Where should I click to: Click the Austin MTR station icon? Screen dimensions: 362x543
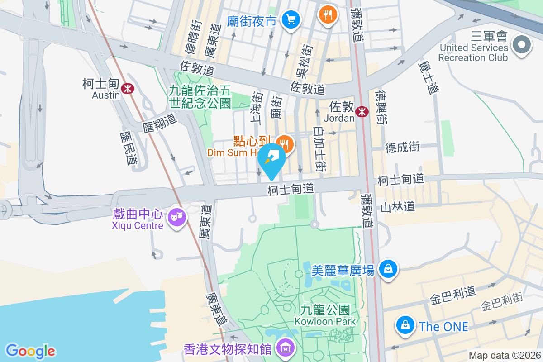coord(128,89)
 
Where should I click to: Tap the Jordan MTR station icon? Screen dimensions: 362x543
coord(362,111)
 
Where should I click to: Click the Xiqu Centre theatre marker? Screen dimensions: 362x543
coord(176,218)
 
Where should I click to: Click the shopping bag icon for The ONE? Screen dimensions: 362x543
coord(406,325)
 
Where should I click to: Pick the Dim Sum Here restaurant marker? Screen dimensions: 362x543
coord(286,144)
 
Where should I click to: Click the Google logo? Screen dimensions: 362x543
coord(30,351)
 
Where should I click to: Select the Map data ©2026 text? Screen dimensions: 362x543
coord(505,356)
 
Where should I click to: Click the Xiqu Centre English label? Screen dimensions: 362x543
coord(138,225)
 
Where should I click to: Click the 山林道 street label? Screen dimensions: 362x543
coord(398,207)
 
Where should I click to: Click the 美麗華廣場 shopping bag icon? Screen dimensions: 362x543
coord(388,269)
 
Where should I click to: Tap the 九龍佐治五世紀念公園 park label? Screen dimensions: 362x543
coord(200,97)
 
